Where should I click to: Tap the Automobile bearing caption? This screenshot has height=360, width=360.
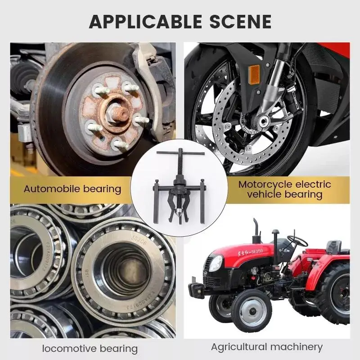click(x=73, y=189)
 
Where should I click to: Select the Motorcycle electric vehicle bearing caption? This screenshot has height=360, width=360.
click(x=284, y=189)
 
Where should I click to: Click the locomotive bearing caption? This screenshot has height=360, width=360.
click(x=90, y=348)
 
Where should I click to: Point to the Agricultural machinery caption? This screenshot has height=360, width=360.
click(x=267, y=346)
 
